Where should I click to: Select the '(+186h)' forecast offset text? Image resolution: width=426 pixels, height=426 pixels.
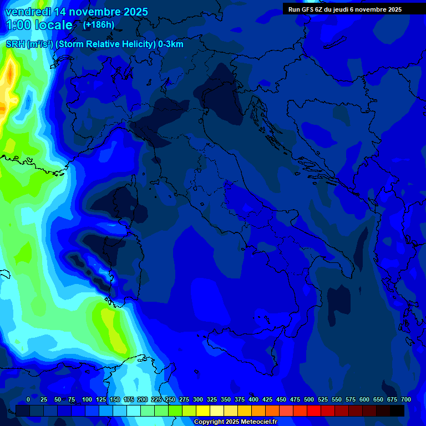coord(99,25)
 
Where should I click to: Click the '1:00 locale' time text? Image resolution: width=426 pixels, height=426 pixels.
coord(39,26)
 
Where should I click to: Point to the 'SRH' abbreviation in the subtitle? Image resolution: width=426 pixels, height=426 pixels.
coord(15,44)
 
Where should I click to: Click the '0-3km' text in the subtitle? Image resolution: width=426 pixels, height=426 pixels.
coord(171,44)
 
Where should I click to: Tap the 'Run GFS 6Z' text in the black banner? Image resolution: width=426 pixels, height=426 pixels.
coord(305,9)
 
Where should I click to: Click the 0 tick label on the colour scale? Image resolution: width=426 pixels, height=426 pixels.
coord(28,400)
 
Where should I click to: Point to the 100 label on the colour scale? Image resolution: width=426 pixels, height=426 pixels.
coord(87,400)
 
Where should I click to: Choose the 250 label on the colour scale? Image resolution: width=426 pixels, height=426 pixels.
coord(170,400)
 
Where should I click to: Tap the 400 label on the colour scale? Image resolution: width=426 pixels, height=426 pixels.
coord(253,400)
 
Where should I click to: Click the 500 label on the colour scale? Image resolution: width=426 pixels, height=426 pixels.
coord(309,400)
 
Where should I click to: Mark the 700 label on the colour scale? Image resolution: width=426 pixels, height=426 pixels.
coord(406,400)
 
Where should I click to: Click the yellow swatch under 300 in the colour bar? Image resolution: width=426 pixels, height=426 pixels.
coord(203,410)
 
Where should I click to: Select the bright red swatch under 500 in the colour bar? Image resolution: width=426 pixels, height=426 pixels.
coord(314,410)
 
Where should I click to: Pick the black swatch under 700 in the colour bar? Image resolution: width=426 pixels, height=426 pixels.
coord(397,410)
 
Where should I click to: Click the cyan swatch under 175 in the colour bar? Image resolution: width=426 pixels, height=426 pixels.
coord(134,410)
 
